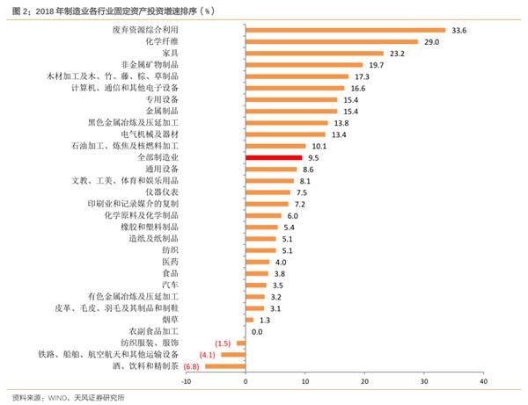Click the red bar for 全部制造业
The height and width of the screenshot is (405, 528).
pos(274,157)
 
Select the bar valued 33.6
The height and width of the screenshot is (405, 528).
pos(345,30)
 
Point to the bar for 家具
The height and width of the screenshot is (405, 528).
pos(314,53)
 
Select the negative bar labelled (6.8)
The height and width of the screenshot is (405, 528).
pos(225,365)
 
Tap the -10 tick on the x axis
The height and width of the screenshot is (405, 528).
pos(186,381)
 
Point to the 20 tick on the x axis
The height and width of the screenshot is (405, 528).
pos(364,381)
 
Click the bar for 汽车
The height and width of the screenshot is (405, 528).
pos(256,285)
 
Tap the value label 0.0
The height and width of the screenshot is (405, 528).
pos(257,331)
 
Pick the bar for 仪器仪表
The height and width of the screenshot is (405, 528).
pos(268,192)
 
